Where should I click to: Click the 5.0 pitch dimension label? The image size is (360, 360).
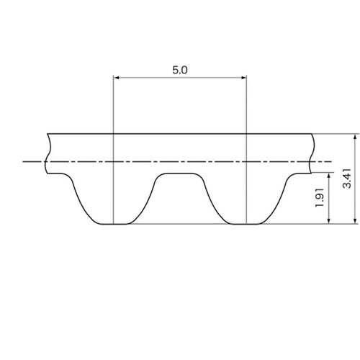tap(180, 70)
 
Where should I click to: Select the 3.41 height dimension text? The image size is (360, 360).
tap(347, 179)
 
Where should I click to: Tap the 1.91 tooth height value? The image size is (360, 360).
tap(320, 198)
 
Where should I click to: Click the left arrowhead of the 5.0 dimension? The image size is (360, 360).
tap(116, 78)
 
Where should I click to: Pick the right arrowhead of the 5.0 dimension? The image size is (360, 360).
tap(243, 78)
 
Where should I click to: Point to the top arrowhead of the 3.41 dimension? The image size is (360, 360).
tap(355, 137)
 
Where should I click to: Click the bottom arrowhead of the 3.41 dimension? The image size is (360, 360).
tap(355, 221)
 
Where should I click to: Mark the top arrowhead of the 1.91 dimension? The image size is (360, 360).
tap(329, 176)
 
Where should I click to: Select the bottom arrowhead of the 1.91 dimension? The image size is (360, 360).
tap(329, 221)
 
